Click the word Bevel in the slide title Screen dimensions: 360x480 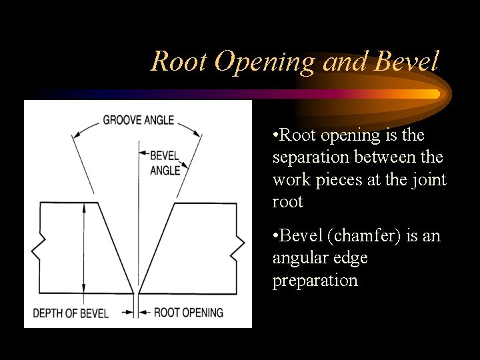click(x=407, y=62)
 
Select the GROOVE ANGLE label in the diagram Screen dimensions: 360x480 click(x=138, y=121)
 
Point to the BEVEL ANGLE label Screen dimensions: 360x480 click(x=165, y=163)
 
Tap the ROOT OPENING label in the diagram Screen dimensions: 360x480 click(x=189, y=313)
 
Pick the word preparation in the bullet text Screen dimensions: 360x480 click(x=315, y=280)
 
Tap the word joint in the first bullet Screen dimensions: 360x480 click(x=430, y=180)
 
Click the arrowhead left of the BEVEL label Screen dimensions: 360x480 click(x=142, y=155)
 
